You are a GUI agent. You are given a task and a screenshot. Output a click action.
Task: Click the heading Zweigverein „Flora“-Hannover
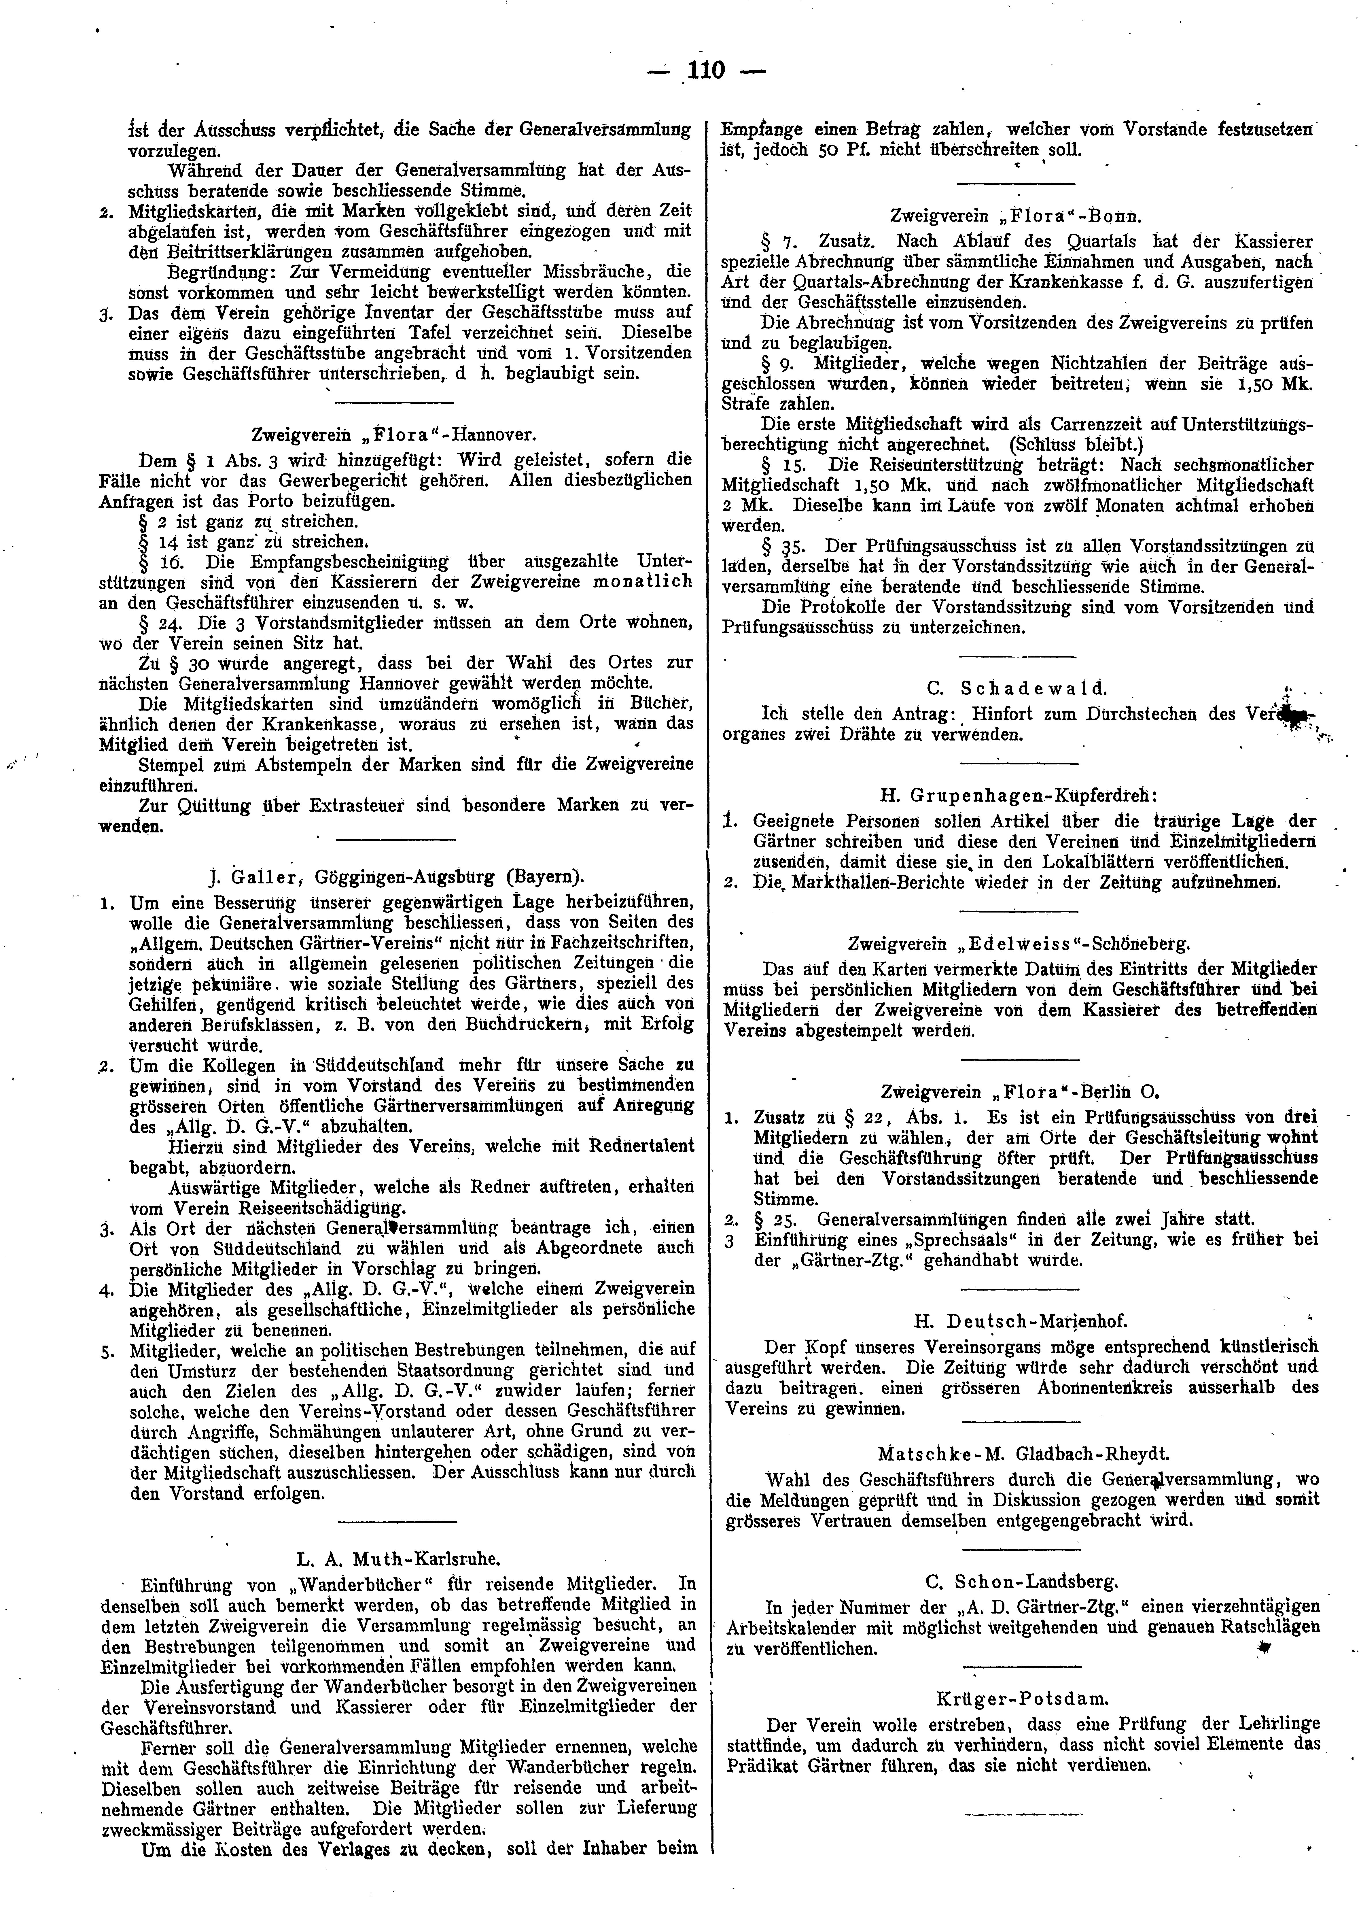(394, 436)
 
